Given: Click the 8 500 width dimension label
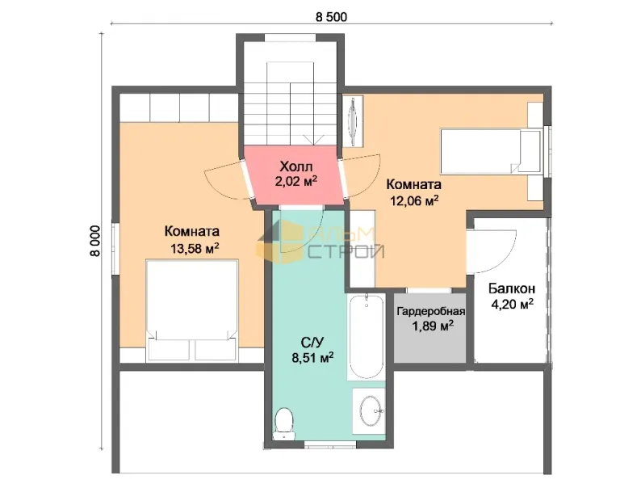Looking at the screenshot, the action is pyautogui.click(x=331, y=17).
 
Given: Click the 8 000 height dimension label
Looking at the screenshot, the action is pyautogui.click(x=94, y=241).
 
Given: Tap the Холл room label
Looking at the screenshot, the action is pyautogui.click(x=296, y=166).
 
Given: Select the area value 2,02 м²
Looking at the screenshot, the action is pyautogui.click(x=296, y=181).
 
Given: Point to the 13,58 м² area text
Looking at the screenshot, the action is pyautogui.click(x=195, y=247).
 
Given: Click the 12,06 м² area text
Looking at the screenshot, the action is pyautogui.click(x=413, y=200).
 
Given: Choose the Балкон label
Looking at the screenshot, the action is pyautogui.click(x=512, y=288).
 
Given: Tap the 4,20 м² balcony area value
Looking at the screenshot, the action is pyautogui.click(x=512, y=305).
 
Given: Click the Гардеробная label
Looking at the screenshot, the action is pyautogui.click(x=431, y=311).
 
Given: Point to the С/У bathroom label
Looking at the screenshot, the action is pyautogui.click(x=312, y=342).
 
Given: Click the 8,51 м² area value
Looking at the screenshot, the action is pyautogui.click(x=312, y=357).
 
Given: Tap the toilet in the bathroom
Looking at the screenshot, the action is pyautogui.click(x=284, y=423).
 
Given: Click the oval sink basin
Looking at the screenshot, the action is pyautogui.click(x=371, y=410).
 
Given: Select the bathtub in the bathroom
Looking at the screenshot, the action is pyautogui.click(x=366, y=336).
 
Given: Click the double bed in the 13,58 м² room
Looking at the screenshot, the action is pyautogui.click(x=192, y=309).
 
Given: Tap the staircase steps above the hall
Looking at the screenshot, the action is pyautogui.click(x=291, y=103).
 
